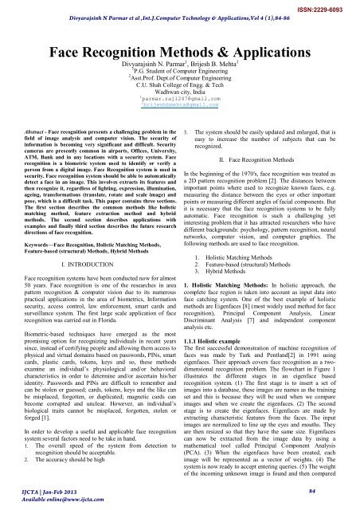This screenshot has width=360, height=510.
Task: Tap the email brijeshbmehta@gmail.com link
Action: click(x=179, y=116)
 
